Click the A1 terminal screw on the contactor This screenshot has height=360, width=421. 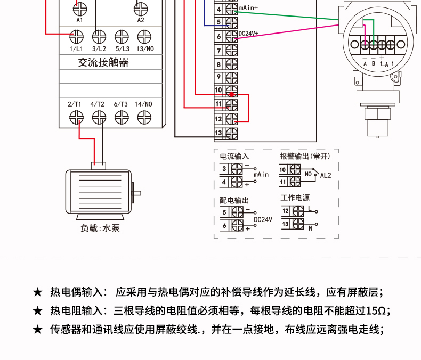[80, 9]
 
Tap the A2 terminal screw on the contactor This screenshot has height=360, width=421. [141, 9]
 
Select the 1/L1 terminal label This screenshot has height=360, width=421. [76, 49]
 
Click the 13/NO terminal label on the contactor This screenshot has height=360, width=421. [145, 49]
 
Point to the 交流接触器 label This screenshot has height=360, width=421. [103, 62]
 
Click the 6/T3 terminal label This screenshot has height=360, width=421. [121, 104]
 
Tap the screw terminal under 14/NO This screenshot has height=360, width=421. [144, 118]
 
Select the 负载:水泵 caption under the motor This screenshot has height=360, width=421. [100, 228]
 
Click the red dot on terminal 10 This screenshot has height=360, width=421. [231, 94]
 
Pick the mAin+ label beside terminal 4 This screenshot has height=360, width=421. [248, 8]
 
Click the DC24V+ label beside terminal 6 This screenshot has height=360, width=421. [248, 34]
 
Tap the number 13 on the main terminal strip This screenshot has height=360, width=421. [218, 133]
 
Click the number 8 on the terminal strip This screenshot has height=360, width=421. [218, 64]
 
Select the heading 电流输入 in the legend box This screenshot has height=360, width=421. [234, 156]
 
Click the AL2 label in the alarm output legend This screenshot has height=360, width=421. [326, 175]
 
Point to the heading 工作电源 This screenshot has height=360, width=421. [295, 198]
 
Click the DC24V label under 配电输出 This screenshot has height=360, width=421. [263, 220]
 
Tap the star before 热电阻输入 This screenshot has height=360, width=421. [38, 311]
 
